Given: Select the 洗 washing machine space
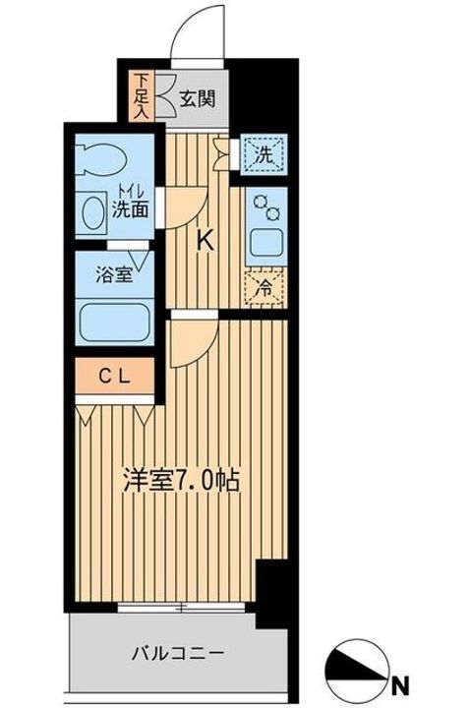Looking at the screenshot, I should [x=263, y=155].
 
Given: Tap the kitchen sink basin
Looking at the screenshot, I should [x=265, y=241].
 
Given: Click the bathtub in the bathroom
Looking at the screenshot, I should [x=114, y=320].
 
